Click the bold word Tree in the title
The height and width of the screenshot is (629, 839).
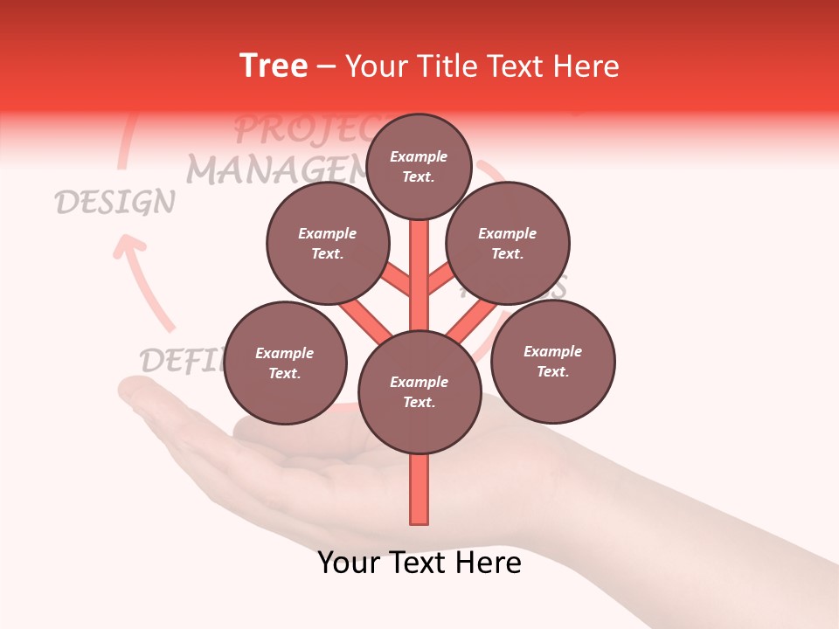pos(274,66)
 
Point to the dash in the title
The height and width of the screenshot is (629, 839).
pos(326,67)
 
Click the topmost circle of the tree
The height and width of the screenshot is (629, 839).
pos(419,167)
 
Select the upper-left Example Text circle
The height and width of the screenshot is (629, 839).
pos(327,244)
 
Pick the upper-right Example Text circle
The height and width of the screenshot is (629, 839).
pos(507,244)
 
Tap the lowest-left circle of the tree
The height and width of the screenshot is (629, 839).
pos(284,363)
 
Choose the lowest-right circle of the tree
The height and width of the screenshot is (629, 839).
pos(552,362)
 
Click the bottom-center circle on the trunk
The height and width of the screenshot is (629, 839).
pos(419,392)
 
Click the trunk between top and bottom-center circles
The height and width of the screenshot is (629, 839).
pos(419,275)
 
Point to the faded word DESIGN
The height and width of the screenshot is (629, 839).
pos(114,203)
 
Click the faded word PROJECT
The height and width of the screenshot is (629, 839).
pos(297,129)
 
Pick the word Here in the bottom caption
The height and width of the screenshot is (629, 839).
pos(491,562)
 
